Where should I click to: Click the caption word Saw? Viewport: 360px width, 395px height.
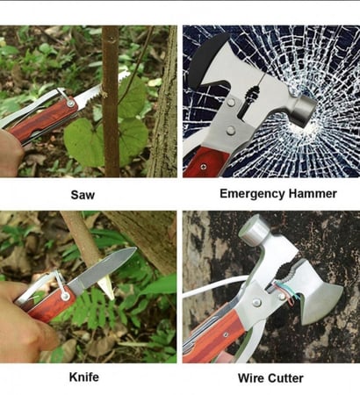(x=83, y=195)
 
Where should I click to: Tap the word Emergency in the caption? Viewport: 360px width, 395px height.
(x=252, y=194)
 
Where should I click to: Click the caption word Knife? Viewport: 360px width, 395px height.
(x=84, y=377)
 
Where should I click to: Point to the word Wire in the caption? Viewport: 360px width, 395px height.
(x=251, y=378)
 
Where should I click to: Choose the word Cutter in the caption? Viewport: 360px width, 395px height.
(x=285, y=378)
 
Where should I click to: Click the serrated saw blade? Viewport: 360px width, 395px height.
(x=103, y=89)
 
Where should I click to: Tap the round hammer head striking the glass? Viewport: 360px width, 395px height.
(x=304, y=107)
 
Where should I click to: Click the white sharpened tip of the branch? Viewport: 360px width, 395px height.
(x=105, y=288)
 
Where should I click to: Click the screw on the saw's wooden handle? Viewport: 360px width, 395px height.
(x=70, y=103)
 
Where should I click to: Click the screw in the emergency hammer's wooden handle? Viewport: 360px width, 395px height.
(x=204, y=167)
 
